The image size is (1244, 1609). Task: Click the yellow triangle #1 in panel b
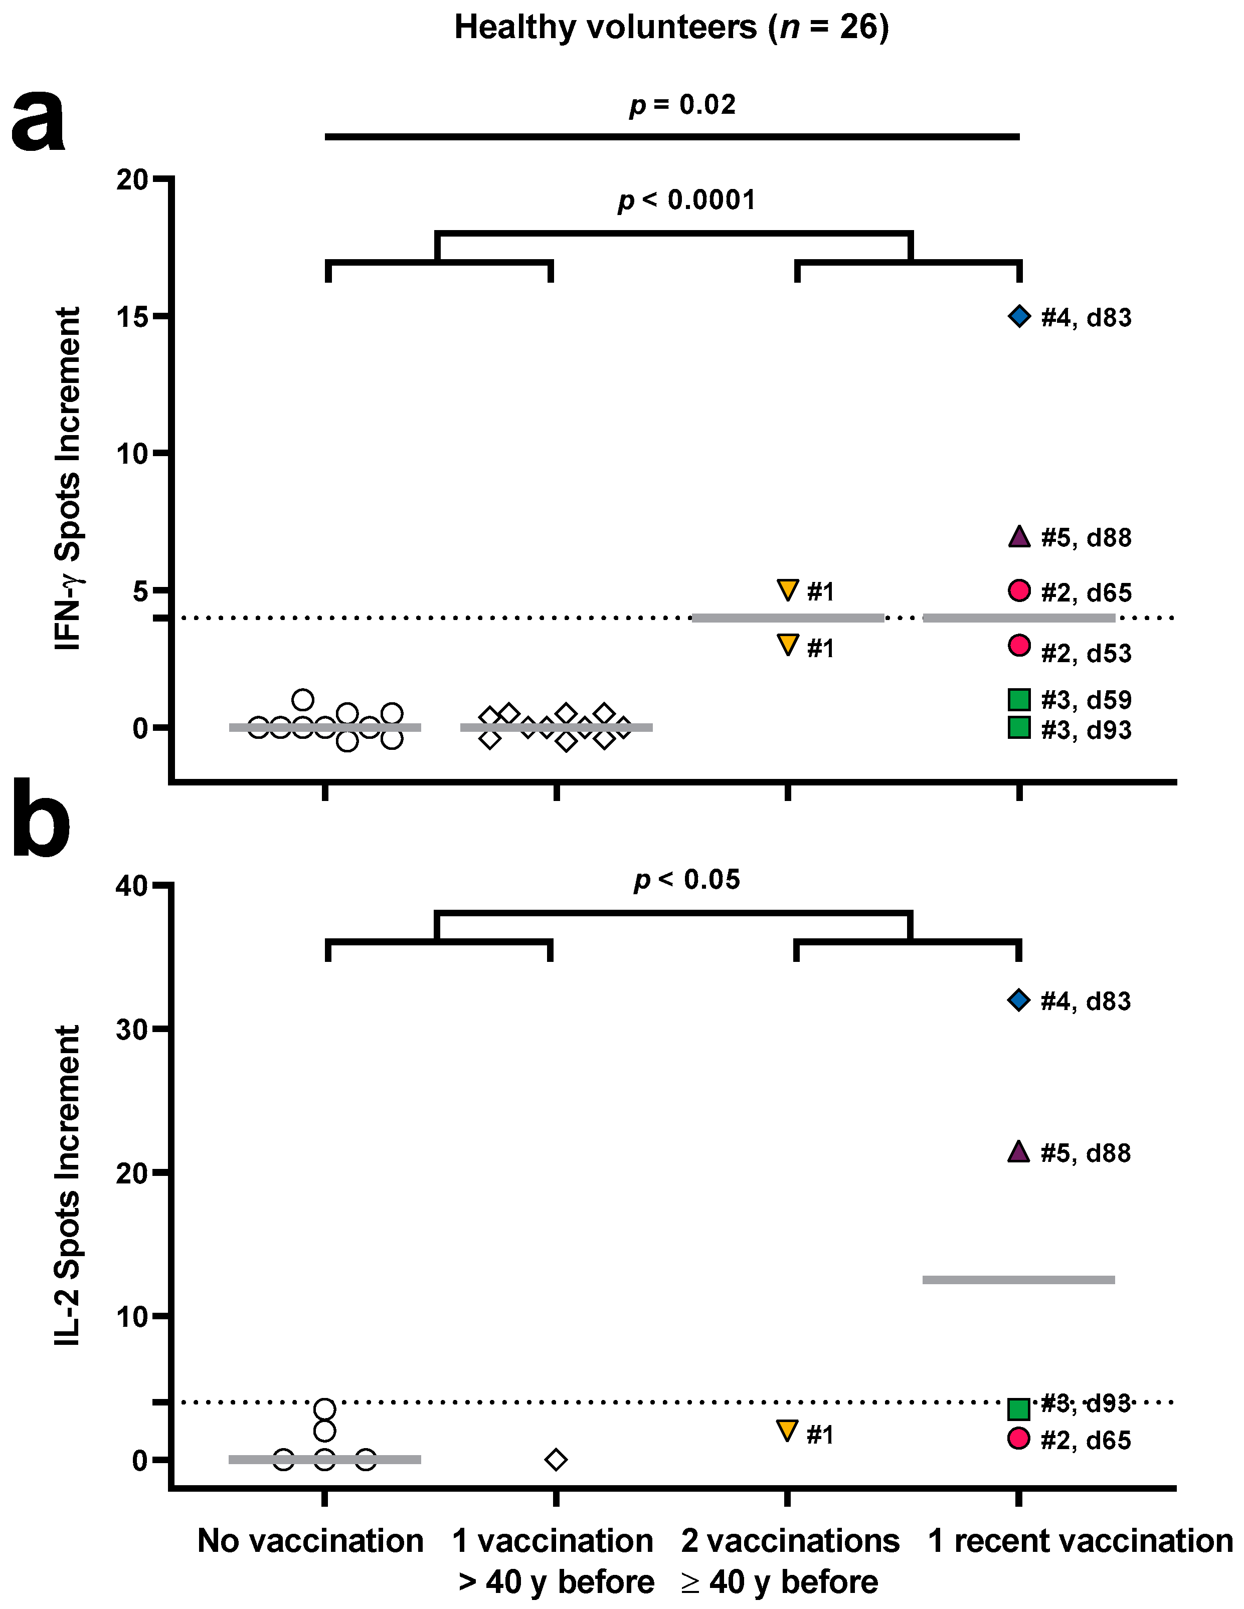(x=787, y=1431)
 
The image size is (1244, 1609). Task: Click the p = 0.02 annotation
(x=682, y=105)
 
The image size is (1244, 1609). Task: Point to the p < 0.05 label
(x=687, y=880)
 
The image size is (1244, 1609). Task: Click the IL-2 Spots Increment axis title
(x=68, y=1185)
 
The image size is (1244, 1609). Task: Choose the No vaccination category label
(x=310, y=1541)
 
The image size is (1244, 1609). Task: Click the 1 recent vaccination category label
(x=1080, y=1541)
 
